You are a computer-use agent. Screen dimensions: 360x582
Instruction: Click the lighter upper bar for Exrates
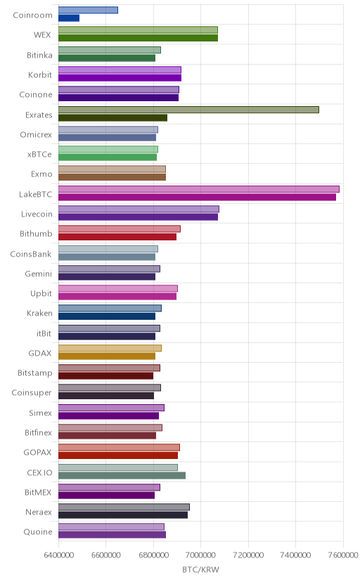[x=188, y=110]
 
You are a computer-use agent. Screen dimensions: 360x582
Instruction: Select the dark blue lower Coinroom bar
[x=69, y=18]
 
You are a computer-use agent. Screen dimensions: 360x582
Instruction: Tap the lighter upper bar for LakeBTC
[x=198, y=189]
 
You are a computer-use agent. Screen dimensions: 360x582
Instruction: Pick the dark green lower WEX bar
[x=138, y=38]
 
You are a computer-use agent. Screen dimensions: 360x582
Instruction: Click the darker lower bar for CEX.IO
[x=122, y=475]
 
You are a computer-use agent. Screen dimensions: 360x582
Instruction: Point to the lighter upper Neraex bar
[x=124, y=507]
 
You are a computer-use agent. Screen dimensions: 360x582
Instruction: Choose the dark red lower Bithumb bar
[x=117, y=237]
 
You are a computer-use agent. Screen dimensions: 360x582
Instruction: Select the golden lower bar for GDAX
[x=106, y=356]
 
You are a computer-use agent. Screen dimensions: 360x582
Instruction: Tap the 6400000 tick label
[x=58, y=555]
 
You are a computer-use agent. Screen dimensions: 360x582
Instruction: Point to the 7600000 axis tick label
[x=343, y=555]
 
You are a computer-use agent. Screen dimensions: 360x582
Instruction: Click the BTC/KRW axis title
[x=201, y=569]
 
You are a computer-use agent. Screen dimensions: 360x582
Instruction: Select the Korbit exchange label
[x=40, y=75]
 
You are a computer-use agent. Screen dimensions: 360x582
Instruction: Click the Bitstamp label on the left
[x=35, y=373]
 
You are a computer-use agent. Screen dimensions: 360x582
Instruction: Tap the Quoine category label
[x=38, y=532]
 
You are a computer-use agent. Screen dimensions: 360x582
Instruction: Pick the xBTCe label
[x=39, y=155]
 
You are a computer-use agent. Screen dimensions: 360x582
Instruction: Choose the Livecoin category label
[x=37, y=214]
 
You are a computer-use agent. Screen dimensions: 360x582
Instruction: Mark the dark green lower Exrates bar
[x=112, y=117]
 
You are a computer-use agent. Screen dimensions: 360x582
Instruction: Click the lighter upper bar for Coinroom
[x=88, y=10]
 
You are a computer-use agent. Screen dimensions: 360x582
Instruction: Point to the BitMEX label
[x=38, y=493]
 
